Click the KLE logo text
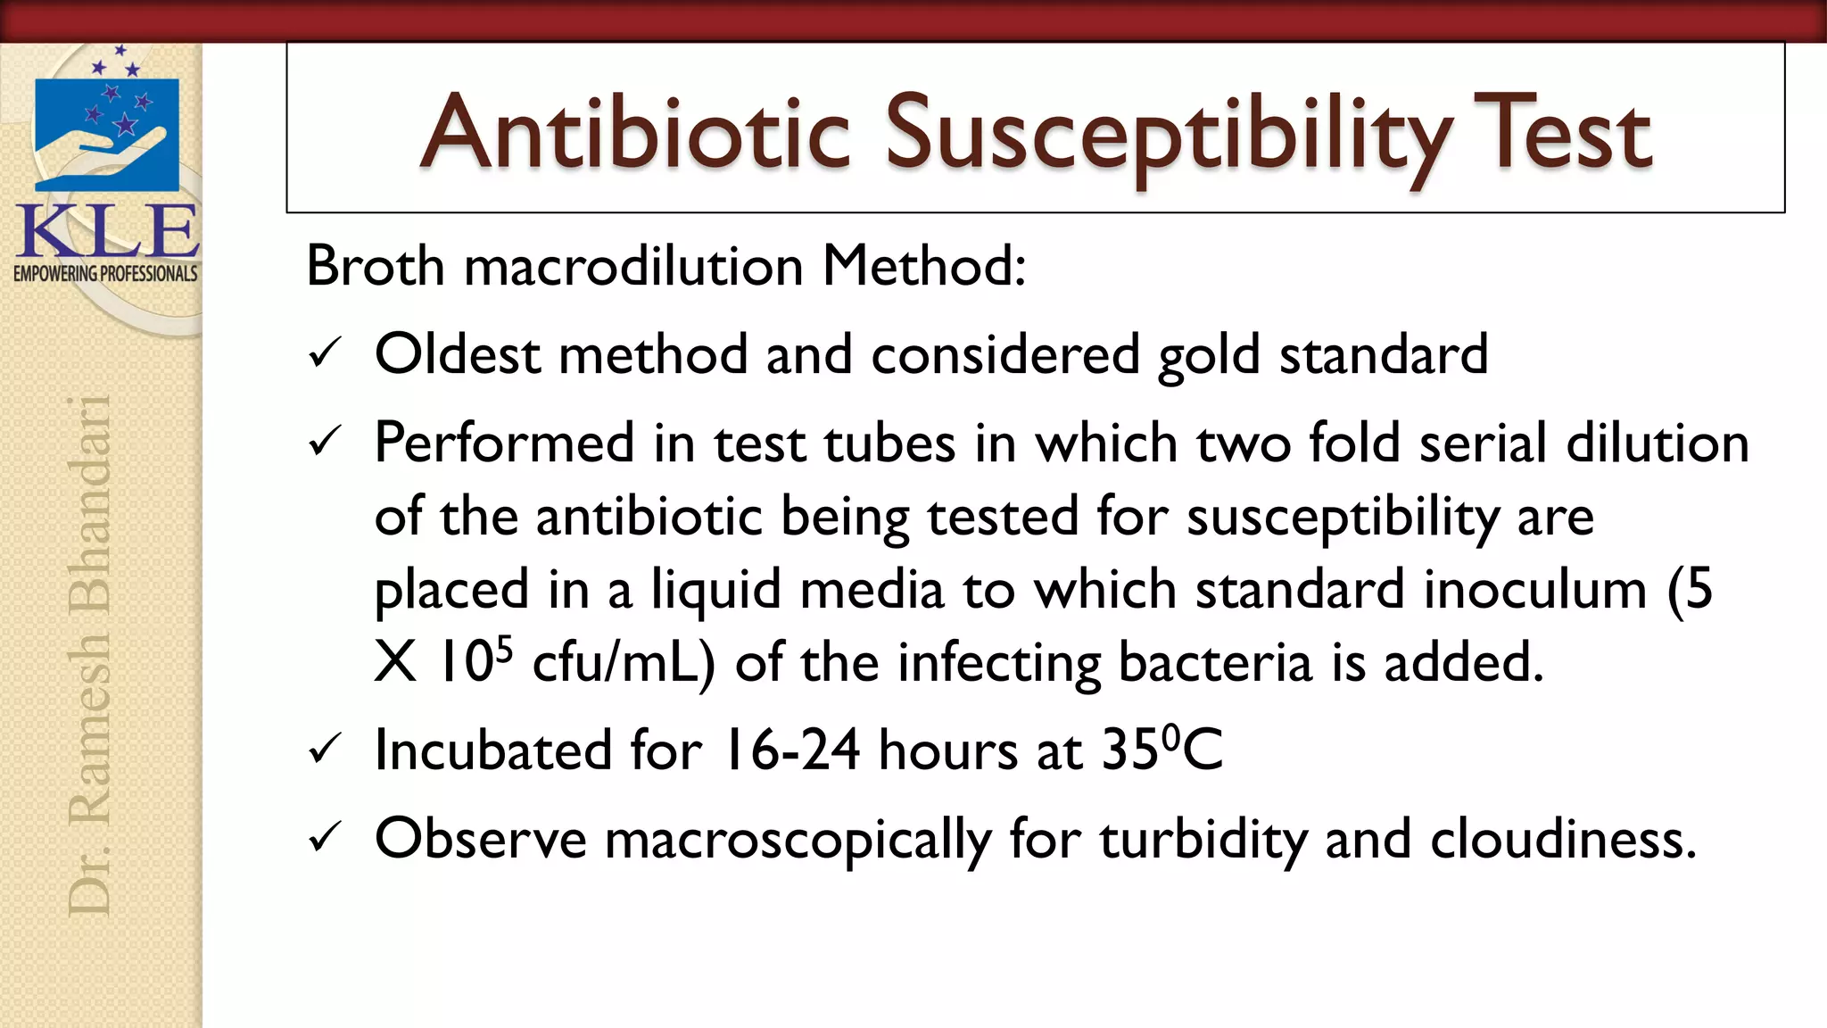point(107,232)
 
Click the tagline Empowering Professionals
point(105,274)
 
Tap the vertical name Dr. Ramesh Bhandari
point(89,656)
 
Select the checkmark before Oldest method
point(324,354)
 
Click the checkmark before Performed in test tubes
point(324,442)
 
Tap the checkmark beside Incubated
point(324,750)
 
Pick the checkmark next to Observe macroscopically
point(324,838)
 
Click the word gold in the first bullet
point(1209,355)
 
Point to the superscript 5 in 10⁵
point(504,649)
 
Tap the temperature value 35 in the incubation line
point(1134,750)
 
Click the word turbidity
point(1203,840)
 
